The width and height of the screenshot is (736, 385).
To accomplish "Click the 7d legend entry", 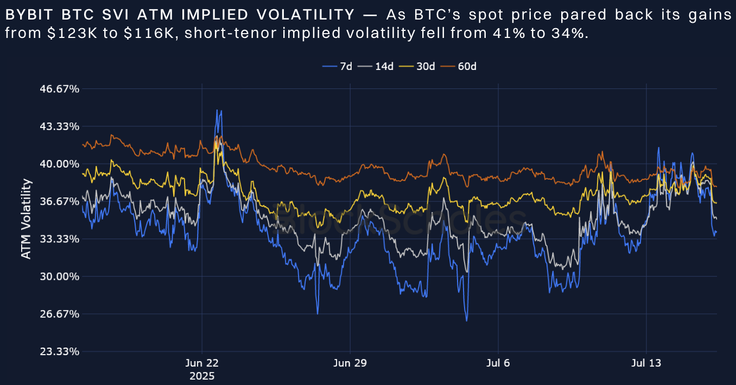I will click(338, 66).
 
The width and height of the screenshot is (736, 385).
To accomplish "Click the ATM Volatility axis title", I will click(26, 219).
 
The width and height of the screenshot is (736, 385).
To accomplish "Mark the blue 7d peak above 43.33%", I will click(218, 111).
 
